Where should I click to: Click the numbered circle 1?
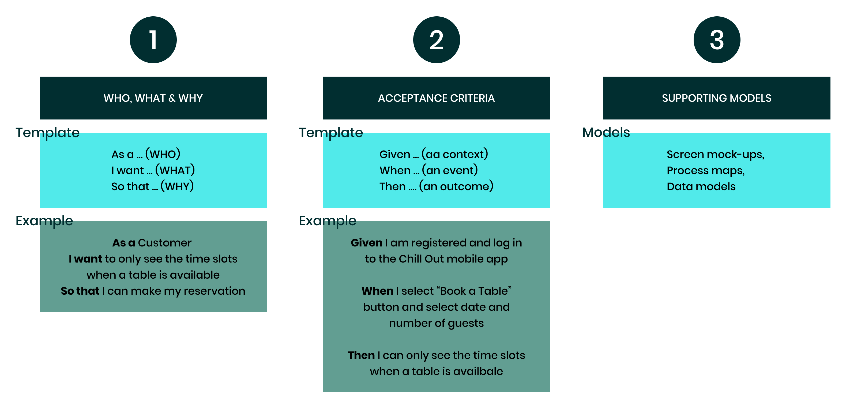click(x=153, y=40)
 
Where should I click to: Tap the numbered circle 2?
click(x=436, y=40)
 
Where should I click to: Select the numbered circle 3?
click(x=717, y=40)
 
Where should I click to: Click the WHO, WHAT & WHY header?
click(x=153, y=98)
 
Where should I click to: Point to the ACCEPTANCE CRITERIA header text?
click(x=436, y=98)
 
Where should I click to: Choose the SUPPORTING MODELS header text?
click(x=717, y=98)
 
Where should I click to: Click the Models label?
click(x=606, y=132)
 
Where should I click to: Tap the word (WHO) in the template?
click(x=163, y=154)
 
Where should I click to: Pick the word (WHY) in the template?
click(x=177, y=186)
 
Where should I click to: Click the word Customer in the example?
click(x=164, y=243)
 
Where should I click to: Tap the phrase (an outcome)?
click(x=456, y=186)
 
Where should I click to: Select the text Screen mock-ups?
click(x=715, y=154)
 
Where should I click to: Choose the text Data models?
click(x=701, y=186)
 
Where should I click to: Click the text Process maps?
click(x=705, y=170)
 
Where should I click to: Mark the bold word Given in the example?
click(x=366, y=243)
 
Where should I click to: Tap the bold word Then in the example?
click(x=361, y=355)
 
